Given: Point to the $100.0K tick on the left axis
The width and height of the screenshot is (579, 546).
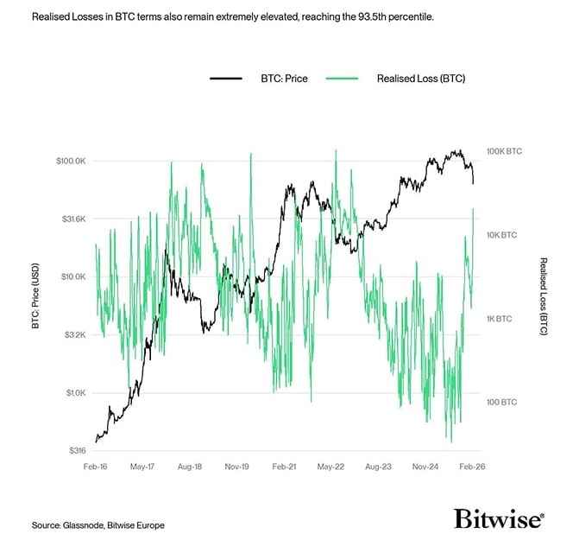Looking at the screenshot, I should pos(72,162).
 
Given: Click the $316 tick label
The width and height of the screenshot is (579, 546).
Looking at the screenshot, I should pos(77,451).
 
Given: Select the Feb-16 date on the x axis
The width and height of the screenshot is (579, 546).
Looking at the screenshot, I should pos(96,466).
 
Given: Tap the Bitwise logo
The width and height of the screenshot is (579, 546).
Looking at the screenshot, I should pos(499,518).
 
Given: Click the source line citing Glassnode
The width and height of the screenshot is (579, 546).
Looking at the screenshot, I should pos(98,525).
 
